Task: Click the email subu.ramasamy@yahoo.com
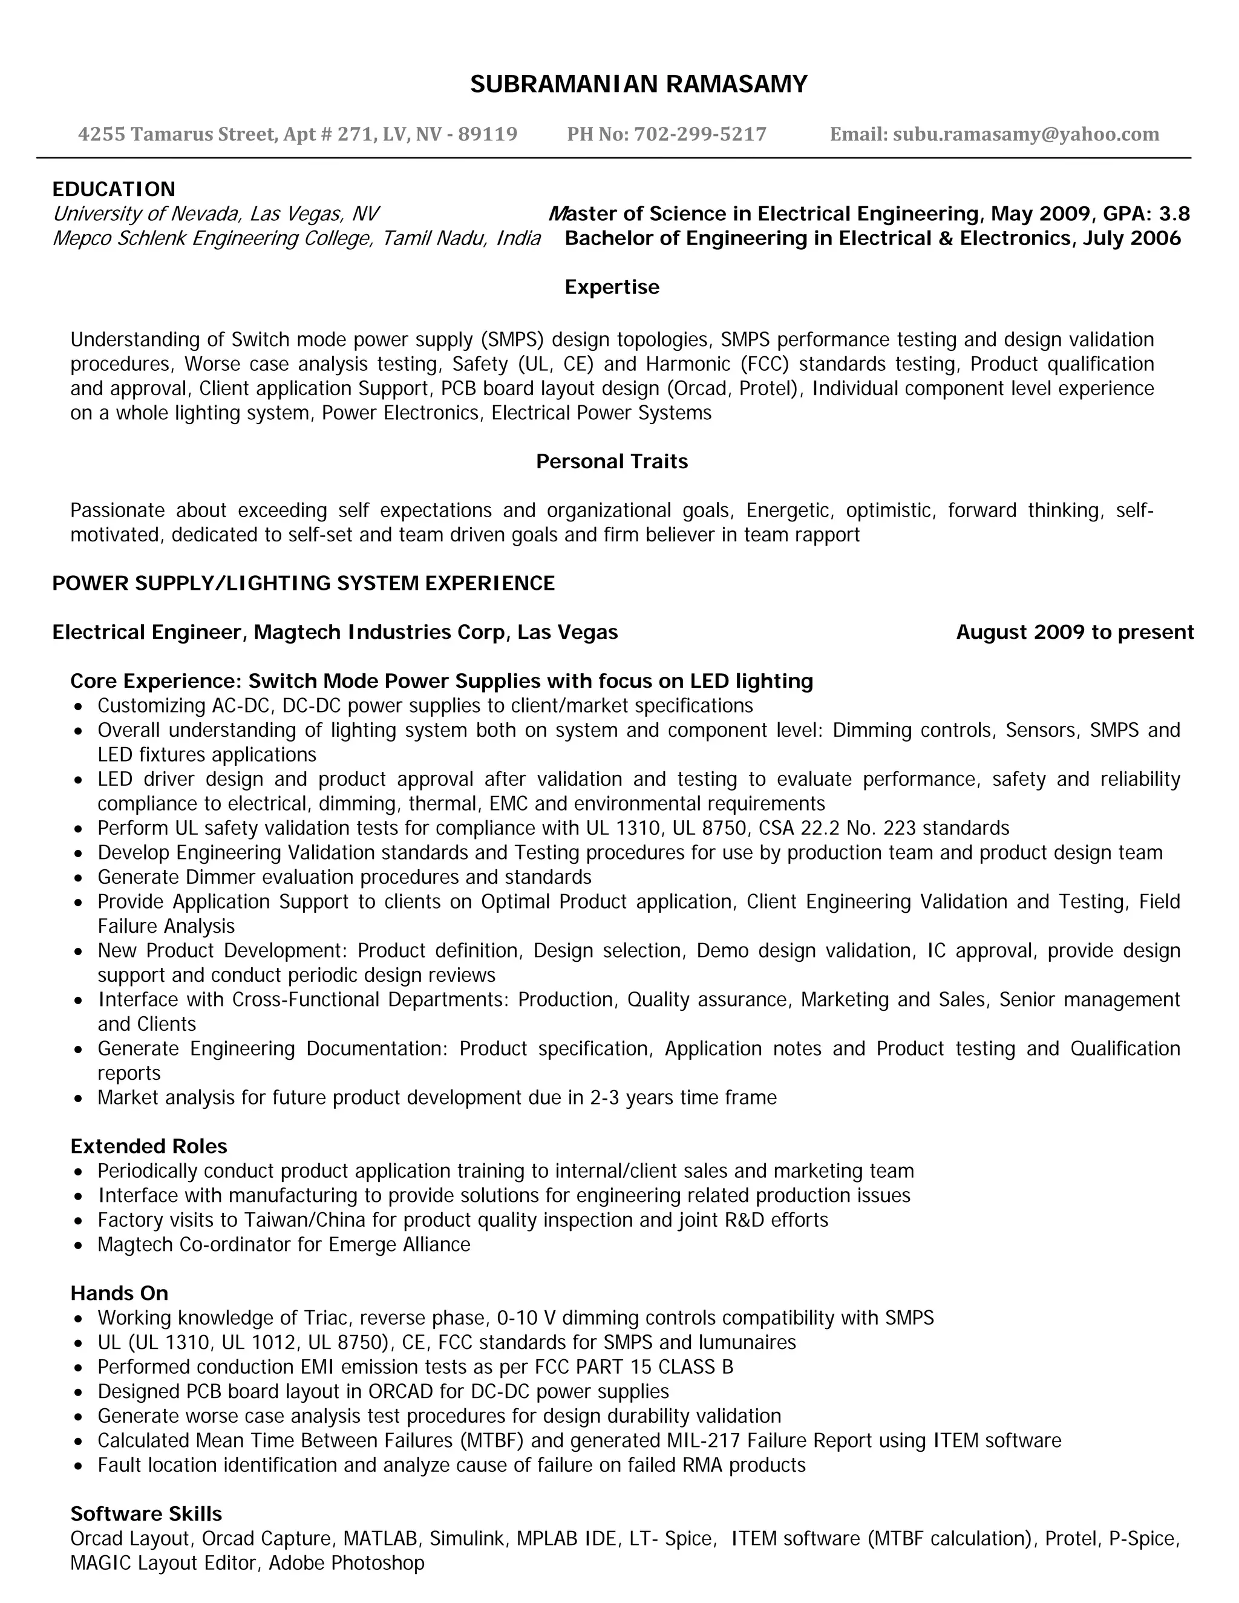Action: point(1025,134)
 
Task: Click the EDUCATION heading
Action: point(114,189)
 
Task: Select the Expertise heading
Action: point(612,287)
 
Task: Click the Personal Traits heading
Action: point(612,462)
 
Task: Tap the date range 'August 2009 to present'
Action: point(1074,633)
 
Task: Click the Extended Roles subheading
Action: point(148,1146)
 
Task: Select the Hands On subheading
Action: point(119,1293)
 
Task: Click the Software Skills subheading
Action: point(146,1513)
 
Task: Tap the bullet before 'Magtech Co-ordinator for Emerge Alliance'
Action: point(79,1246)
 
